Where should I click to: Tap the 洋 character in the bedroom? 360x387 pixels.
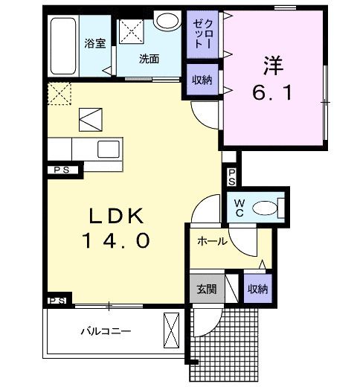(271, 65)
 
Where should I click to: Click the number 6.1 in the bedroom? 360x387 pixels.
(271, 95)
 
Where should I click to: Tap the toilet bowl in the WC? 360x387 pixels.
(267, 207)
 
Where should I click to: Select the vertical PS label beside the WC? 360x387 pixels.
(231, 176)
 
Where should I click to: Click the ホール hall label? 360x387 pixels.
(212, 242)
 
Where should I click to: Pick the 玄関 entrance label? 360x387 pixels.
(205, 288)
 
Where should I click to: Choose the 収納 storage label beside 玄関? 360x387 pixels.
(257, 288)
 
